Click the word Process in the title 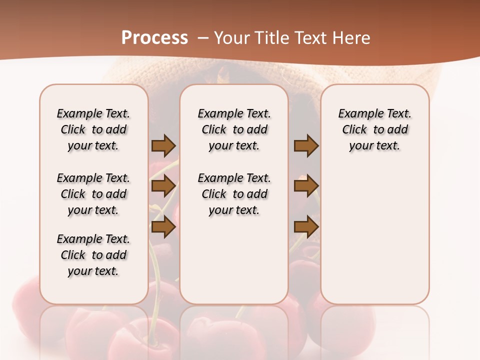pos(154,37)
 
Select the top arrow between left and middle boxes pos(163,146)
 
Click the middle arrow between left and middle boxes pos(163,186)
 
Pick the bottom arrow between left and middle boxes pos(163,227)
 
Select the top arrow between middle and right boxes pos(306,146)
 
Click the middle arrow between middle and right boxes pos(306,186)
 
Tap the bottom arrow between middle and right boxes pos(306,227)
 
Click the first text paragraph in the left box pos(93,129)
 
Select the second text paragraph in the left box pos(93,194)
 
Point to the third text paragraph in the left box pos(93,255)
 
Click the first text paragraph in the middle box pos(234,129)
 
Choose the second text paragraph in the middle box pos(234,194)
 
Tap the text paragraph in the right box pos(375,129)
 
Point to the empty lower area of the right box pos(375,230)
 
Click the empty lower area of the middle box pos(234,260)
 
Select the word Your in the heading pos(231,37)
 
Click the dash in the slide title pos(203,37)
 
